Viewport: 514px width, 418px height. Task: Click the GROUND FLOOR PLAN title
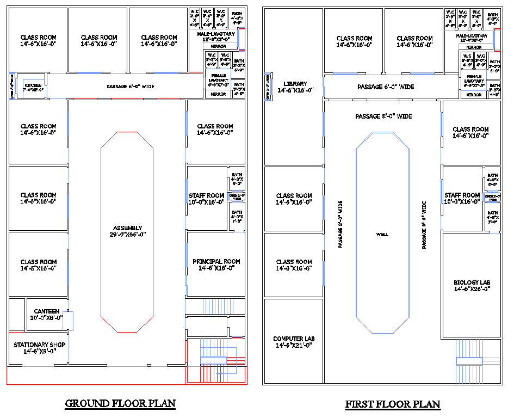(x=120, y=403)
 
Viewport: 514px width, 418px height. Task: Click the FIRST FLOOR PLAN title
(x=393, y=404)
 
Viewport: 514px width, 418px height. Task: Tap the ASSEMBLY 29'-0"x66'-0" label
(x=128, y=231)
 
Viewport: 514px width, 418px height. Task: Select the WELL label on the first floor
(x=382, y=235)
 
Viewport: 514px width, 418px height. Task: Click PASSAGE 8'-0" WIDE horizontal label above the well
(x=383, y=116)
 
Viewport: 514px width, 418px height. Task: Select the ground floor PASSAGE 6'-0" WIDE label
(x=129, y=87)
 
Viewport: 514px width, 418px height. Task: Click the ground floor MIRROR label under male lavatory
(x=218, y=46)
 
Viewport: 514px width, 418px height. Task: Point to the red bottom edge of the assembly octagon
(x=128, y=331)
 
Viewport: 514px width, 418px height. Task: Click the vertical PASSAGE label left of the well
(x=340, y=224)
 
